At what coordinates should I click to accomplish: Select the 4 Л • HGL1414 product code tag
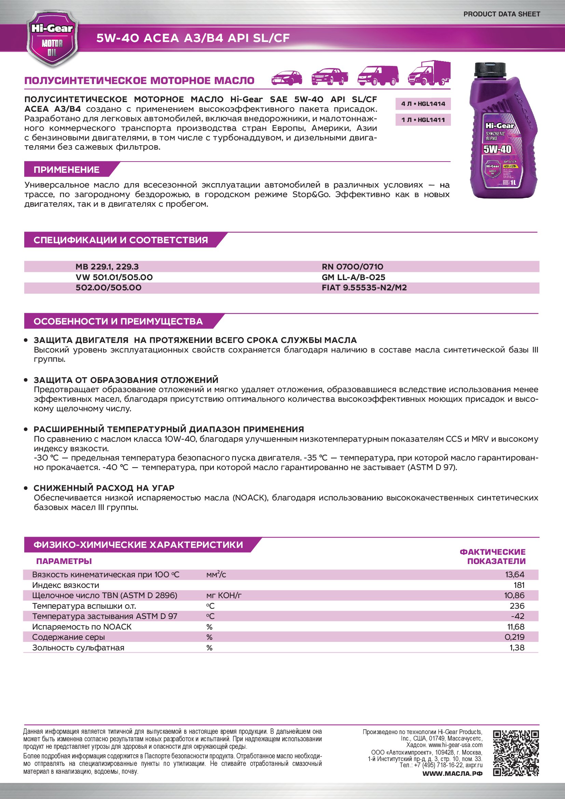tap(423, 104)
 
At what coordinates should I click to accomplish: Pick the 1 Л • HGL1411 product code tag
tap(423, 120)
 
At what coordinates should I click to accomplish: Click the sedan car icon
tap(287, 78)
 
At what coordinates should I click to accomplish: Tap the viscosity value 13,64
tap(514, 575)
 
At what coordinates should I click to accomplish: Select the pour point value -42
tap(517, 616)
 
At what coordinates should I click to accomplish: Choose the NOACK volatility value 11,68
tap(515, 627)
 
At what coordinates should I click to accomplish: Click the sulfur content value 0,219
tap(514, 637)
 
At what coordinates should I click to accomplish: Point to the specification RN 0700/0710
tap(352, 267)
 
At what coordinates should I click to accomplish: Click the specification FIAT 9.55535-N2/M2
tap(364, 288)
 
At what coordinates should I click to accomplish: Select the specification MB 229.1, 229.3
tap(107, 267)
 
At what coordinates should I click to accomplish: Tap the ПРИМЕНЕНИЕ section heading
tap(67, 170)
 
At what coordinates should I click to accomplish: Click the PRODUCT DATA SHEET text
tap(501, 14)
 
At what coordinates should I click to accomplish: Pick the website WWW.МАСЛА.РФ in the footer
tap(452, 774)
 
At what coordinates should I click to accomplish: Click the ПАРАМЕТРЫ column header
tap(64, 561)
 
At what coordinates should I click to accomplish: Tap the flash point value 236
tap(517, 606)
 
